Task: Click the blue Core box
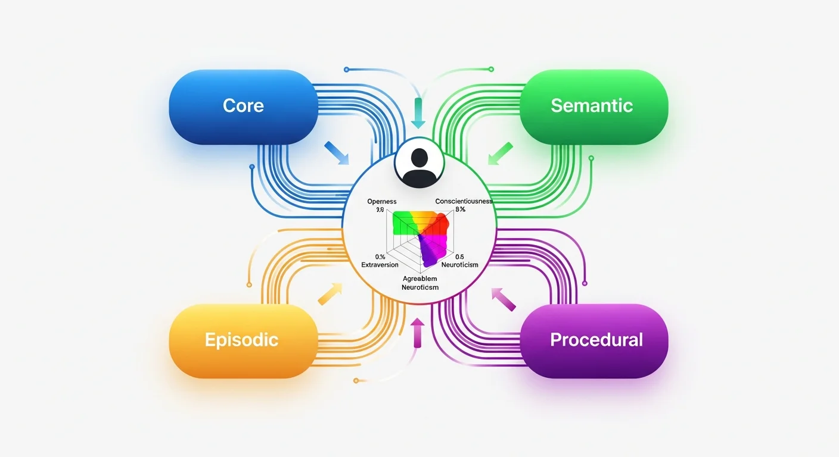point(243,107)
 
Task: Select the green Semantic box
point(591,107)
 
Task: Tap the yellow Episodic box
point(241,340)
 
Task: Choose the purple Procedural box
point(596,340)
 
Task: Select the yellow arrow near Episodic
point(330,293)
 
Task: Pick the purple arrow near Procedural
point(504,298)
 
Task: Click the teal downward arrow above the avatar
point(418,114)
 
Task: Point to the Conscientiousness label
point(464,201)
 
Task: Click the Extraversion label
point(380,264)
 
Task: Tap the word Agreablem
point(419,278)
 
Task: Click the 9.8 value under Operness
point(378,209)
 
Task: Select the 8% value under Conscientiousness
point(460,209)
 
